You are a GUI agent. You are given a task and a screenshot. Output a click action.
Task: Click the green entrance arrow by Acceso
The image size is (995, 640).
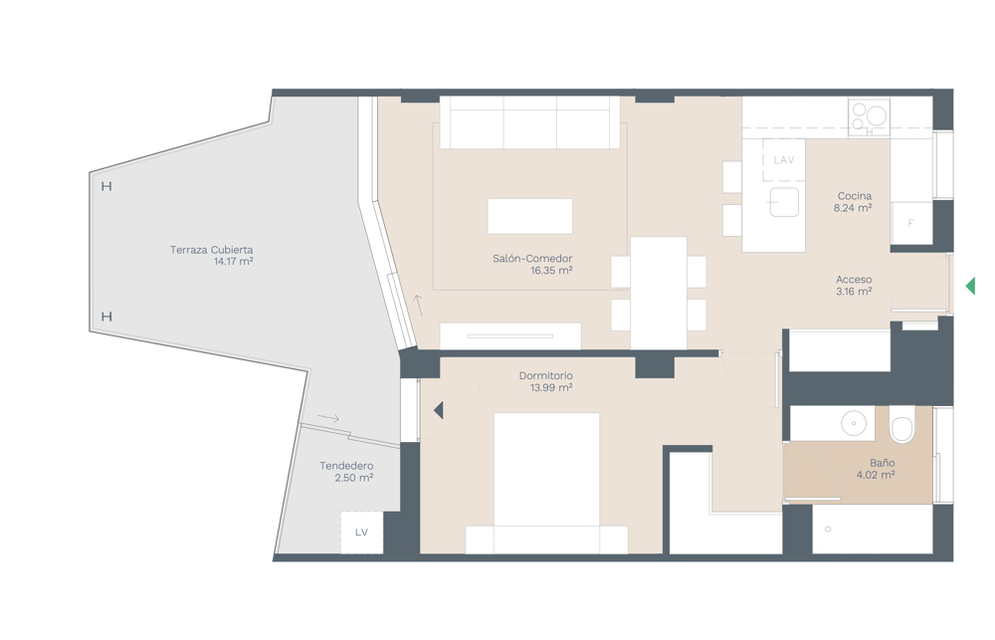pyautogui.click(x=970, y=286)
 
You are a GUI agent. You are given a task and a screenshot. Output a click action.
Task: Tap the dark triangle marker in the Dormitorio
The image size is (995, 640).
pyautogui.click(x=439, y=410)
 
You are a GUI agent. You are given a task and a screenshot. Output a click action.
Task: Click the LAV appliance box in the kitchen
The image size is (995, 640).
pyautogui.click(x=784, y=160)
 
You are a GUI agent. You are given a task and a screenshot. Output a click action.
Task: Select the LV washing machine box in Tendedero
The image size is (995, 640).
pyautogui.click(x=362, y=533)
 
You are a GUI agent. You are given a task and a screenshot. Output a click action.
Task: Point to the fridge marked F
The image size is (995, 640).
pyautogui.click(x=911, y=223)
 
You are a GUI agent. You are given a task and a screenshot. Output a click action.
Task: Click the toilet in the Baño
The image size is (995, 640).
pyautogui.click(x=901, y=424)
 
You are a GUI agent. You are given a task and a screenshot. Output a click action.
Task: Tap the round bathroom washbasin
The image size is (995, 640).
pyautogui.click(x=854, y=423)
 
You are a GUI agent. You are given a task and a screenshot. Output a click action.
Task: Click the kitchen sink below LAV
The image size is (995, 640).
pyautogui.click(x=784, y=202)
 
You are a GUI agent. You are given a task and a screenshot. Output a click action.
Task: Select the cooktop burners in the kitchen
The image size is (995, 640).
pyautogui.click(x=869, y=116)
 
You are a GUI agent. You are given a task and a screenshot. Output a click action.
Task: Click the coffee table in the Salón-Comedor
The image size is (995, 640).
pyautogui.click(x=530, y=216)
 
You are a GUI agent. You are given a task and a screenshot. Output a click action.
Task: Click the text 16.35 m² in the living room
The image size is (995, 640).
pyautogui.click(x=551, y=271)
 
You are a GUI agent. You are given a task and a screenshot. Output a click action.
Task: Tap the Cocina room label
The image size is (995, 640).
pyautogui.click(x=854, y=196)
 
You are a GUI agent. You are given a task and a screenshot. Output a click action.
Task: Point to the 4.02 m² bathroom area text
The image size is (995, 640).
pyautogui.click(x=876, y=475)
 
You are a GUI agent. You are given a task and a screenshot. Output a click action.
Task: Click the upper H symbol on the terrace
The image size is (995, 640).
pyautogui.click(x=106, y=186)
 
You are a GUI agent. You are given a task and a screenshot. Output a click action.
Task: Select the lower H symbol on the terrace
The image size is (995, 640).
pyautogui.click(x=106, y=317)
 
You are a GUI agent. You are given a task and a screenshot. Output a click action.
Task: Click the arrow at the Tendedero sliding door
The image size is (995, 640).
pyautogui.click(x=328, y=418)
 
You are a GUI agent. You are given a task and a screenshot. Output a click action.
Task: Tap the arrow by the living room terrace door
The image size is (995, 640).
pyautogui.click(x=418, y=306)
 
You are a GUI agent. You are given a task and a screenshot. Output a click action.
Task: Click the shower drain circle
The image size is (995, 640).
pyautogui.click(x=828, y=529)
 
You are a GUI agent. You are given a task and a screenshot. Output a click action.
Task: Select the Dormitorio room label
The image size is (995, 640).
pyautogui.click(x=545, y=376)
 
